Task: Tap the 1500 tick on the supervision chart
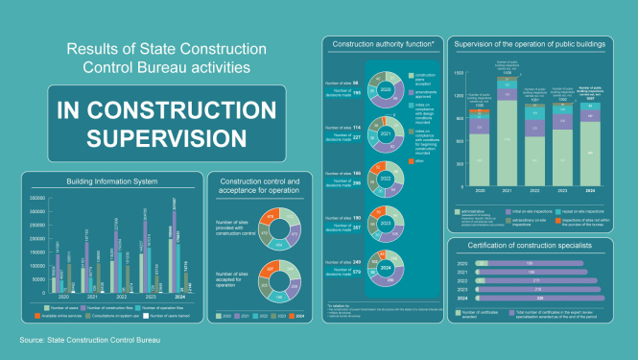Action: pyautogui.click(x=460, y=73)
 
